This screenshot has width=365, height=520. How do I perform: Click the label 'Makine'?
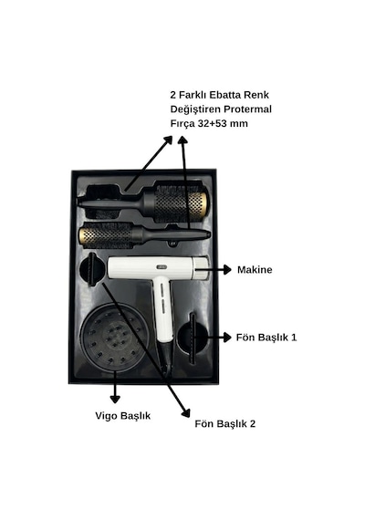coord(255,270)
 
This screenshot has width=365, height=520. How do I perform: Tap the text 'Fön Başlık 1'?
coord(266,338)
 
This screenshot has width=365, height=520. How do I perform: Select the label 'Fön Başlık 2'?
coord(225,424)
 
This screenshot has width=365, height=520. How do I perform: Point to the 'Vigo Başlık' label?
coord(123,416)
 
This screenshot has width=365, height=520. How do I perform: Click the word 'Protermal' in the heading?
coord(247,109)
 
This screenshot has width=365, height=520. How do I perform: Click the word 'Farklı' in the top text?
coord(193,95)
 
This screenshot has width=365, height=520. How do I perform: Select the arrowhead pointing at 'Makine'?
coord(227,270)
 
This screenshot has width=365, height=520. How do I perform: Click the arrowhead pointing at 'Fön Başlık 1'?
coord(227,338)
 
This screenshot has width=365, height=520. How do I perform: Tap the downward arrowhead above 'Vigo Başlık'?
coord(115,399)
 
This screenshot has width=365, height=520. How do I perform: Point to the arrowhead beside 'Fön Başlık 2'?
coord(186,413)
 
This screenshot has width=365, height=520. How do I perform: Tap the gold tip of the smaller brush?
coord(83,235)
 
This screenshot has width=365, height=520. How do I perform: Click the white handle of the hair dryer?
coord(163,309)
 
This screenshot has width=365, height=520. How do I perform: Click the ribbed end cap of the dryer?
coord(202,268)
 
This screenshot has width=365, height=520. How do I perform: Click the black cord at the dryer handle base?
coord(166,359)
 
